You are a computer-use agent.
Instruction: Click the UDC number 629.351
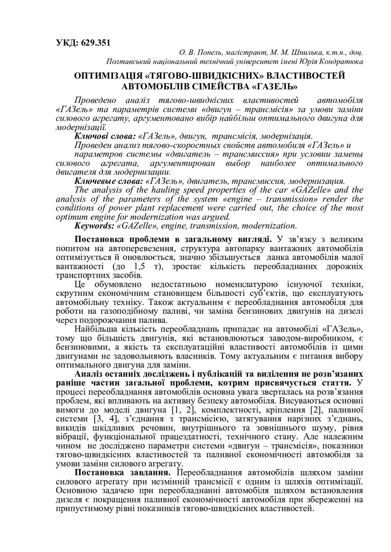pyautogui.click(x=96, y=42)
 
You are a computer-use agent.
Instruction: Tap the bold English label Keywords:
pyautogui.click(x=95, y=225)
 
